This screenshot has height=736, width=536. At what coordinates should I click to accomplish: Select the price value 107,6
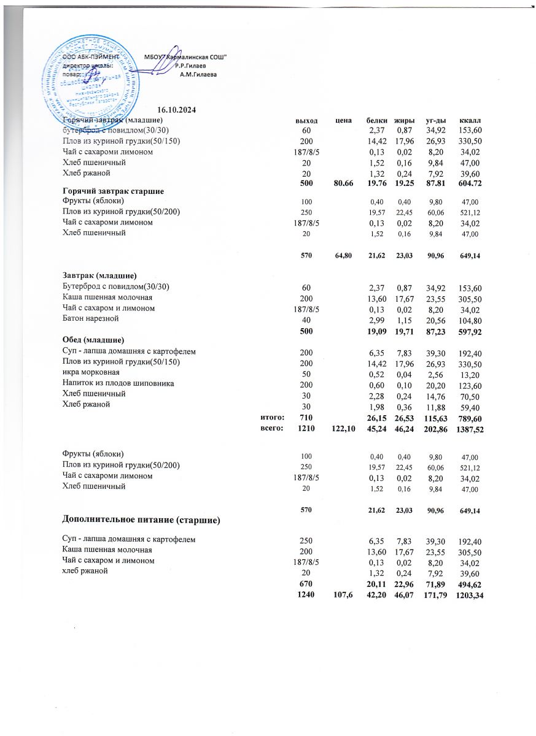coord(344,594)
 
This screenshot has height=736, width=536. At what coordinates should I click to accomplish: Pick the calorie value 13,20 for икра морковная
coord(469,373)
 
